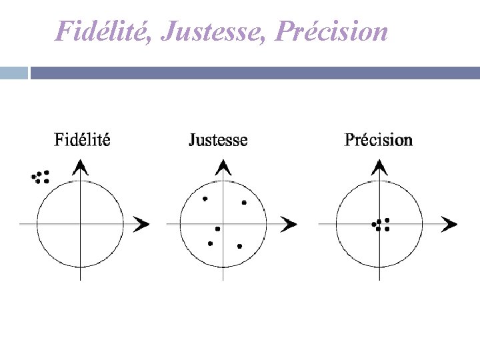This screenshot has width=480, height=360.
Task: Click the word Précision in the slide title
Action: click(x=332, y=31)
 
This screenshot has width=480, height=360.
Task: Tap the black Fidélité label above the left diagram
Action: click(x=82, y=140)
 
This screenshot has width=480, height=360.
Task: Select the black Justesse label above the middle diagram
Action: click(x=218, y=140)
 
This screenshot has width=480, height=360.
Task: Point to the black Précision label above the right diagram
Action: click(x=378, y=140)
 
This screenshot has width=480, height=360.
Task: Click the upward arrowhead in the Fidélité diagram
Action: click(x=80, y=167)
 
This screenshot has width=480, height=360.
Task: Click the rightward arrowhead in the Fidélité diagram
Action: click(x=141, y=224)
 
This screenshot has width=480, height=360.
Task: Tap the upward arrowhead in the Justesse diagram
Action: click(x=223, y=167)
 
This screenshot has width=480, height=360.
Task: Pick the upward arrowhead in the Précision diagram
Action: click(x=379, y=167)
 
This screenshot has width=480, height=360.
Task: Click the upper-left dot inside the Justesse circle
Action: click(x=205, y=199)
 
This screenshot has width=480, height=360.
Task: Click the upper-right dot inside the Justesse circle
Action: click(x=244, y=202)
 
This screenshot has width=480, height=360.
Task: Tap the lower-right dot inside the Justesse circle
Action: click(x=239, y=246)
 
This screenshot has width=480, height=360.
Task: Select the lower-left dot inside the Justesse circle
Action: click(x=210, y=243)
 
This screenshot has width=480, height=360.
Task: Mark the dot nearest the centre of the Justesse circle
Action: click(x=217, y=229)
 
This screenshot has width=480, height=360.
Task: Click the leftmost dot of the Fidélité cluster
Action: click(x=34, y=177)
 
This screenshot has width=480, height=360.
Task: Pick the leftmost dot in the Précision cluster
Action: click(x=374, y=225)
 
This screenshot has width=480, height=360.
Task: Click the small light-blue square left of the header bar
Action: click(x=13, y=72)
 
